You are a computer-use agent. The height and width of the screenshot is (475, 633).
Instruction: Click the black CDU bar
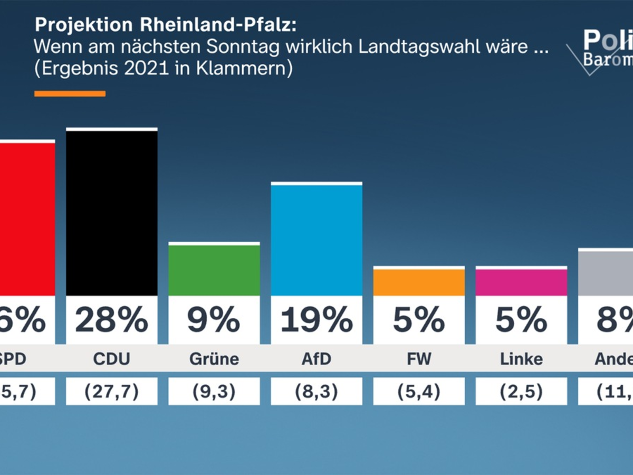click(x=112, y=212)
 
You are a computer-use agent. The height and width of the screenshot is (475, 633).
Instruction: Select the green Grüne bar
click(x=214, y=270)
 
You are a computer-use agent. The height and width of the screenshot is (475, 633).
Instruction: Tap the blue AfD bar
click(x=316, y=240)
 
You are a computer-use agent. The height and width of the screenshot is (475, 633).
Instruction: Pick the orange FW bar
click(x=419, y=282)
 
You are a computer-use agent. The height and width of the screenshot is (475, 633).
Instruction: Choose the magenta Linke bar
click(x=521, y=282)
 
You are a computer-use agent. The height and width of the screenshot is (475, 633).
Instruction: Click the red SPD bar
click(x=26, y=218)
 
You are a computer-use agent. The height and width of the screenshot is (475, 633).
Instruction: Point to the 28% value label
click(x=112, y=320)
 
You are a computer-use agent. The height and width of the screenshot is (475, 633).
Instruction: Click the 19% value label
click(x=316, y=320)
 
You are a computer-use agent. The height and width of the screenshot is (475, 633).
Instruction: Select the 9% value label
click(x=214, y=320)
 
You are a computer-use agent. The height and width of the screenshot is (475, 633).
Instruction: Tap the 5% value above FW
click(x=419, y=320)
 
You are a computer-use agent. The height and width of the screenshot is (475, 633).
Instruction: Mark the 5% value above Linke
click(x=521, y=320)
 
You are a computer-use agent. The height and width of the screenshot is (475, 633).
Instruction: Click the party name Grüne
click(x=214, y=359)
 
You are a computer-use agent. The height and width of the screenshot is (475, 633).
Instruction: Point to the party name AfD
click(x=316, y=359)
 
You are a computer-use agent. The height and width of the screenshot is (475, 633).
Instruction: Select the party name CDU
click(x=112, y=359)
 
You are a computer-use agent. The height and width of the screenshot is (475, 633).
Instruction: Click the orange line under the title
click(x=70, y=94)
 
